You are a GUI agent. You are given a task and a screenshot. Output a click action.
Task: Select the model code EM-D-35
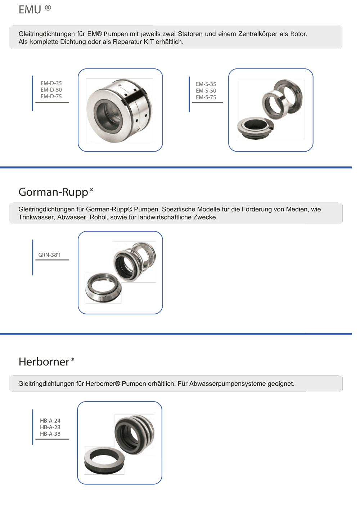coord(51,83)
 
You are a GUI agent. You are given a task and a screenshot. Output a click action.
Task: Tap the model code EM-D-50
coord(51,90)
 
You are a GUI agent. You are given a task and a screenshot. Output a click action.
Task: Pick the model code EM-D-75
coord(51,97)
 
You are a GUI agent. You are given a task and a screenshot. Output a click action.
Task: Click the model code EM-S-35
coord(206,84)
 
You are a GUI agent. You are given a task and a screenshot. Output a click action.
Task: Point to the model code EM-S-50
coord(206,91)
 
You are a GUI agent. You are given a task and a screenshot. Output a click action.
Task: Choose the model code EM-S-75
coord(206,97)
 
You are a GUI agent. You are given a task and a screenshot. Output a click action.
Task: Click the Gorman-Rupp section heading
coord(53,192)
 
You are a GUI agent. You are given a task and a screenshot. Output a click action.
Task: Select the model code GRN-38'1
coord(50,255)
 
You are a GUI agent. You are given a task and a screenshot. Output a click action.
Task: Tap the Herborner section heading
coord(44,362)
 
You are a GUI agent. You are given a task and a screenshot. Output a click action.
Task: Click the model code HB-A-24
coord(50,421)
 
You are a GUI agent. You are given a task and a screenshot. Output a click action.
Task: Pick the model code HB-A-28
coord(50,427)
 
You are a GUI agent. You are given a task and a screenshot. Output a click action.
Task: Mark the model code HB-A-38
coord(50,434)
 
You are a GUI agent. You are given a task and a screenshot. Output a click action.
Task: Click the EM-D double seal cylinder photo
coord(120,110)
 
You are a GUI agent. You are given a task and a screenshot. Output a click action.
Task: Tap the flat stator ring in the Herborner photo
coord(104,461)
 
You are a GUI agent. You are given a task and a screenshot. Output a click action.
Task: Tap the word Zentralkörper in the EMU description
coord(258,34)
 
